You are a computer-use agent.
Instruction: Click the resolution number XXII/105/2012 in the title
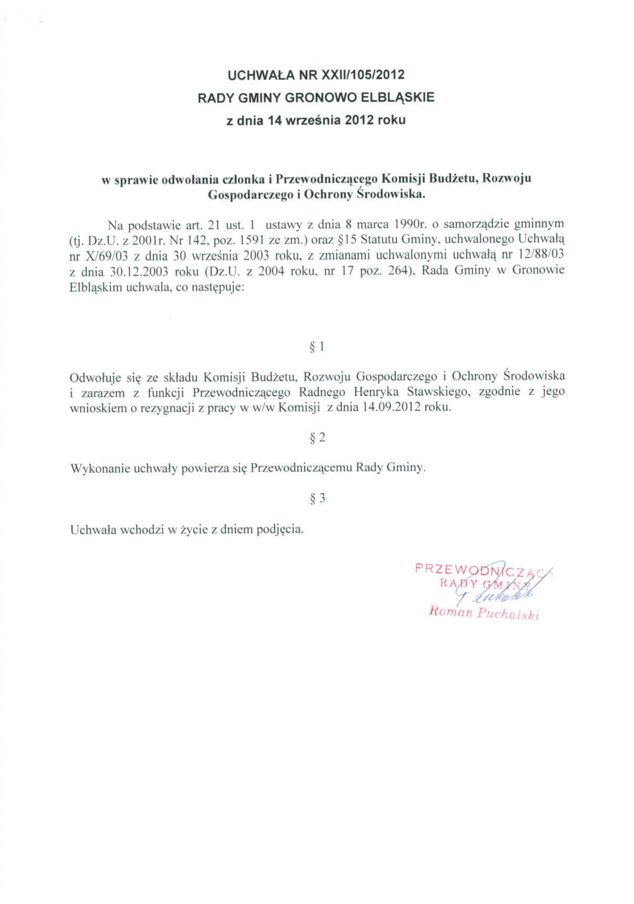click(359, 75)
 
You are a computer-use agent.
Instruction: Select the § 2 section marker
click(317, 437)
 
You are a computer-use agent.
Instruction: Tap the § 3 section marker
click(317, 498)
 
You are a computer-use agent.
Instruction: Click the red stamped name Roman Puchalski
click(484, 614)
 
